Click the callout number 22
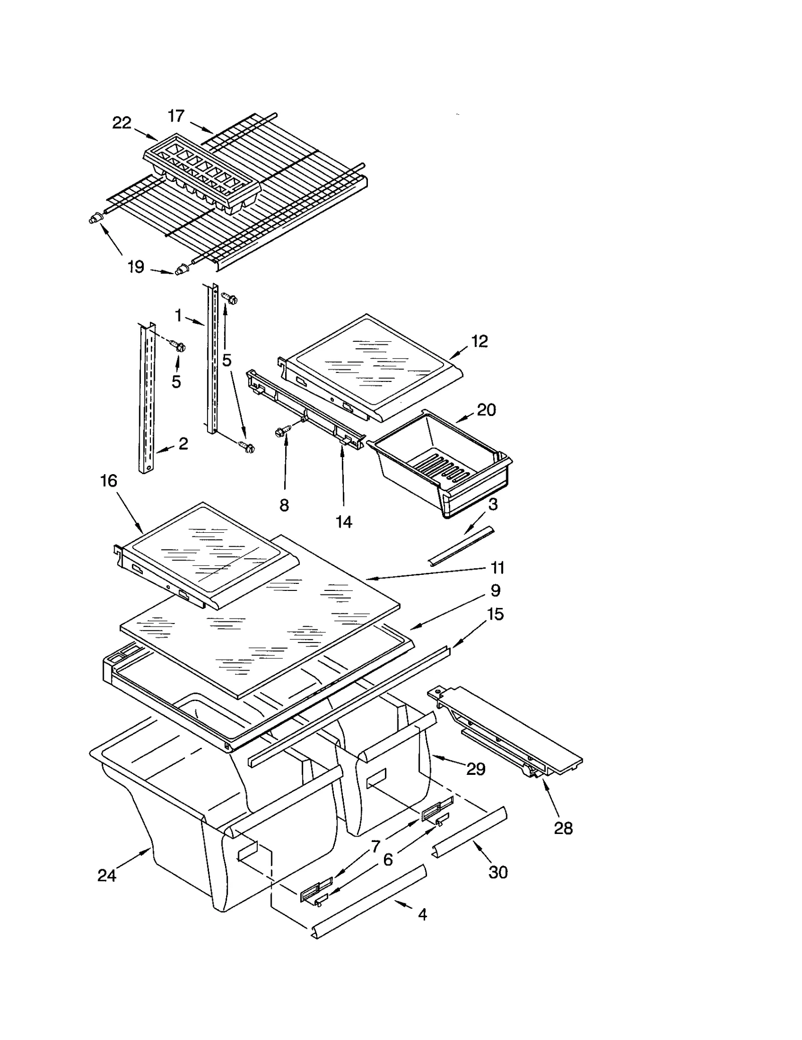click(121, 123)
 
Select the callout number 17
click(176, 116)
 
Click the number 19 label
click(135, 267)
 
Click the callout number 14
click(344, 522)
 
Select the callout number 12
click(479, 341)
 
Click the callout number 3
click(493, 504)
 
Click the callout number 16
click(108, 481)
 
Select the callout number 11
click(497, 568)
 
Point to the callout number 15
click(495, 614)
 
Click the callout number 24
click(107, 876)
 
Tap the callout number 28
click(563, 828)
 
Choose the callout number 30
click(498, 872)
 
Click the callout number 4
click(422, 915)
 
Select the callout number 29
click(476, 769)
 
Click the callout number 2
click(183, 443)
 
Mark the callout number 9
click(495, 590)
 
